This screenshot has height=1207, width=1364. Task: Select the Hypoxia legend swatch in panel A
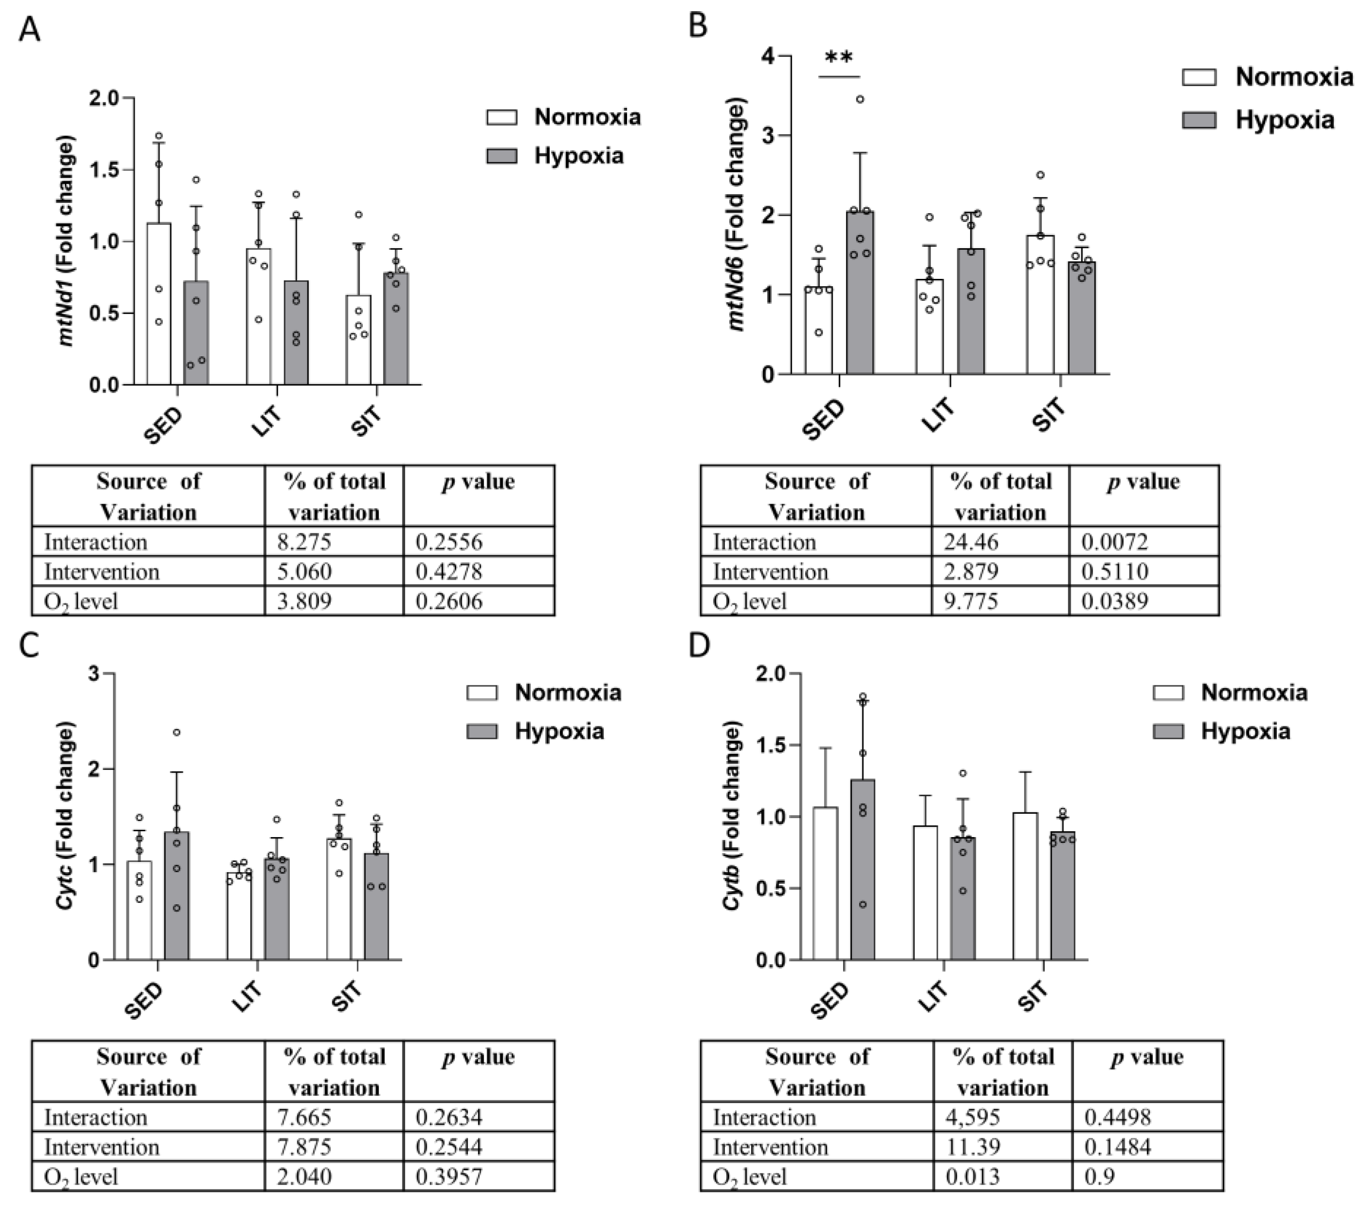pyautogui.click(x=502, y=156)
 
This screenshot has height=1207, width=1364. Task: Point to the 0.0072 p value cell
pyautogui.click(x=1114, y=541)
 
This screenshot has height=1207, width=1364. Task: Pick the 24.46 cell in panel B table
pyautogui.click(x=971, y=541)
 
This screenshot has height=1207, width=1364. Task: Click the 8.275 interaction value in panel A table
pyautogui.click(x=304, y=541)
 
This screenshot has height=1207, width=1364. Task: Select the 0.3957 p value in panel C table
pyautogui.click(x=449, y=1176)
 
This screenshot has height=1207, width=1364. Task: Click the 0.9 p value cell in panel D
pyautogui.click(x=1099, y=1176)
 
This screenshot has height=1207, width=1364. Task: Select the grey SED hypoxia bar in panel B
pyautogui.click(x=860, y=294)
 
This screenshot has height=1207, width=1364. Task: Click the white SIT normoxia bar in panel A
pyautogui.click(x=359, y=341)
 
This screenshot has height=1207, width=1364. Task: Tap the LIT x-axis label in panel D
pyautogui.click(x=933, y=997)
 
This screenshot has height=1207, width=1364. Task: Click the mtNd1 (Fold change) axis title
pyautogui.click(x=66, y=240)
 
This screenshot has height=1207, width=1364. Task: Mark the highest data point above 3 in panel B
pyautogui.click(x=860, y=99)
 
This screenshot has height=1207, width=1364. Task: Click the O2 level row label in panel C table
pyautogui.click(x=81, y=1176)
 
